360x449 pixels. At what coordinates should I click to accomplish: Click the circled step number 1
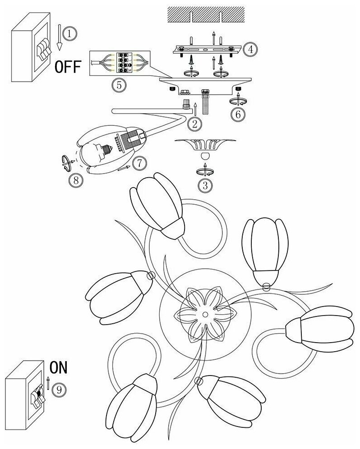[69, 33]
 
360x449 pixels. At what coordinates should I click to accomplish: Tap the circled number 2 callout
[194, 123]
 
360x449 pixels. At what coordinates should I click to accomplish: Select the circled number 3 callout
[206, 184]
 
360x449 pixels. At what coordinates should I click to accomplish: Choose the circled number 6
[239, 114]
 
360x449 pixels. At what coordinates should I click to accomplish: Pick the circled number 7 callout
[140, 163]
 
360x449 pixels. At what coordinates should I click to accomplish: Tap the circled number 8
[76, 180]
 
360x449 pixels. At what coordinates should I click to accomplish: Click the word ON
[58, 368]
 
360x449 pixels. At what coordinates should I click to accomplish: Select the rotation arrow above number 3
[205, 171]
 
